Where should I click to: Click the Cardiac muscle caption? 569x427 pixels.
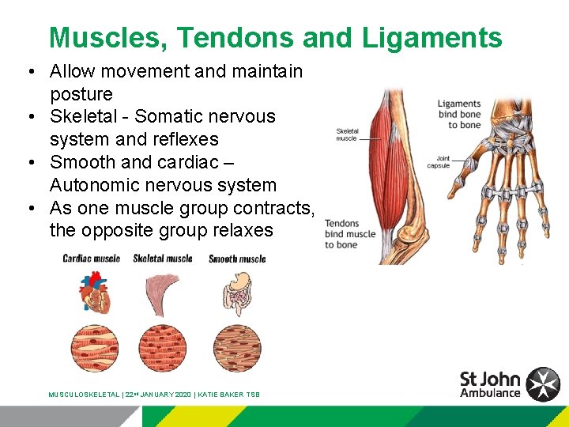point(92,259)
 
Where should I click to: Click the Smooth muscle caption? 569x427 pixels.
point(237,259)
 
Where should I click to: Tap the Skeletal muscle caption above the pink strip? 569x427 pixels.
point(163,259)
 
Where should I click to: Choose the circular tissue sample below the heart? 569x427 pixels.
point(94,349)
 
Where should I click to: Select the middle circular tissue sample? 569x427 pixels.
point(163,349)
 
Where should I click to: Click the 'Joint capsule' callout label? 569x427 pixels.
point(439,162)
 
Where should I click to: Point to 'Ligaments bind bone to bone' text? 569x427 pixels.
point(459,115)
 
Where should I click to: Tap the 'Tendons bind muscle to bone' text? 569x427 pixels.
point(350,234)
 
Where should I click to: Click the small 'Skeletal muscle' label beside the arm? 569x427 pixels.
point(347,135)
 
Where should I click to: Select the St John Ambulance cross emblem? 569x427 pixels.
point(543,384)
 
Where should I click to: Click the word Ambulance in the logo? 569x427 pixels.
point(490,393)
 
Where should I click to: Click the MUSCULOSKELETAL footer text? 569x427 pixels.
point(84,395)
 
